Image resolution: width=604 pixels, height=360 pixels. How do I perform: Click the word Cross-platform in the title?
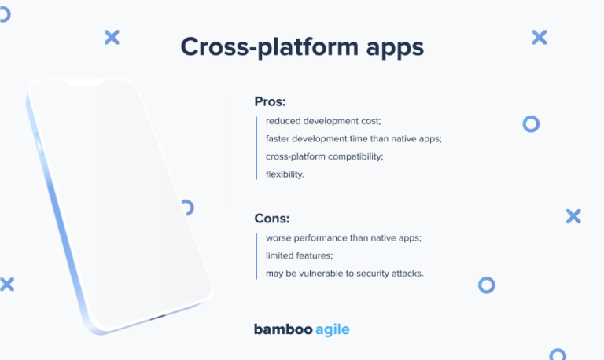click(259, 47)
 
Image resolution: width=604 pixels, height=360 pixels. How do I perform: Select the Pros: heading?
click(270, 101)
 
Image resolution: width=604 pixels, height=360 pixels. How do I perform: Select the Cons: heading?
click(271, 219)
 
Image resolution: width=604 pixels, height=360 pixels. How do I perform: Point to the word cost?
click(368, 121)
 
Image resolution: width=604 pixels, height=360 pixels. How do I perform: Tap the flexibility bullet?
click(285, 174)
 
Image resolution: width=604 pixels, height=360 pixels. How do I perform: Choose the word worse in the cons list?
click(279, 237)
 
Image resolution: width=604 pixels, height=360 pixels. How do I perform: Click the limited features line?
click(300, 255)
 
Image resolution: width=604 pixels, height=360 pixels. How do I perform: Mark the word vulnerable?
click(323, 273)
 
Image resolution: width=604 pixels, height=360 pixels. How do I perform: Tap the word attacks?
click(408, 273)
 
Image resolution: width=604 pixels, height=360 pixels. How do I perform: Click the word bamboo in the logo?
click(282, 329)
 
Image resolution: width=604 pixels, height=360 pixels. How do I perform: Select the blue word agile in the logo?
click(332, 330)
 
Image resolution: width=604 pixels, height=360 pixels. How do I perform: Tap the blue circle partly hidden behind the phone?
click(188, 208)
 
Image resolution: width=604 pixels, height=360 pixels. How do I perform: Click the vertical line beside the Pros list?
click(256, 148)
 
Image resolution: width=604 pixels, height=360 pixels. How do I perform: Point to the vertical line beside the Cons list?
click(256, 255)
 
